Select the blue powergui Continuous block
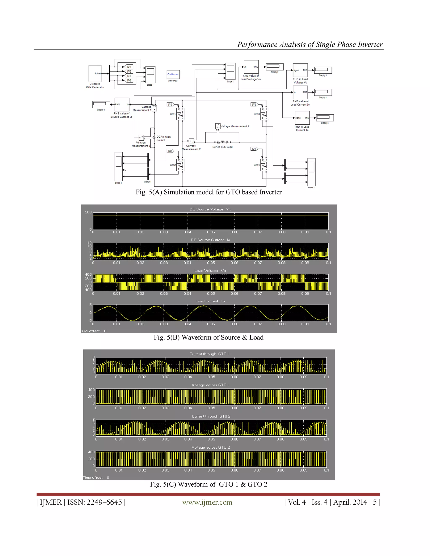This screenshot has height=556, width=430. (x=173, y=74)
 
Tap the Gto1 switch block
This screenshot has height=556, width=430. (x=180, y=114)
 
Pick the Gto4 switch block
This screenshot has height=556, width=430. (x=264, y=165)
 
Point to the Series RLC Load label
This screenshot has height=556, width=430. (x=222, y=147)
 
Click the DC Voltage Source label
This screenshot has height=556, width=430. (x=163, y=138)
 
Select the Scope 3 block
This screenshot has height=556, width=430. (x=118, y=167)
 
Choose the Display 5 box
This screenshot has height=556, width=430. (x=325, y=117)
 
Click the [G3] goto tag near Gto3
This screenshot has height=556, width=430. (x=254, y=104)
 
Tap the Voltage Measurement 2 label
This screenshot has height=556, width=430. (x=235, y=126)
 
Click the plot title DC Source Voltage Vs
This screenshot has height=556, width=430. (x=210, y=209)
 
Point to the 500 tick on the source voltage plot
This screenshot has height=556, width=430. (x=88, y=212)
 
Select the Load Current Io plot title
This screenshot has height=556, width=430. (x=210, y=301)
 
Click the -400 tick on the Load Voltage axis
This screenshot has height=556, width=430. (x=88, y=290)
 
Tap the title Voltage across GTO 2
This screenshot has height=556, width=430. (x=211, y=447)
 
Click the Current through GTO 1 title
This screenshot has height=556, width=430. (x=209, y=354)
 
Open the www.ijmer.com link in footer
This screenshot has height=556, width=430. (x=207, y=502)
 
